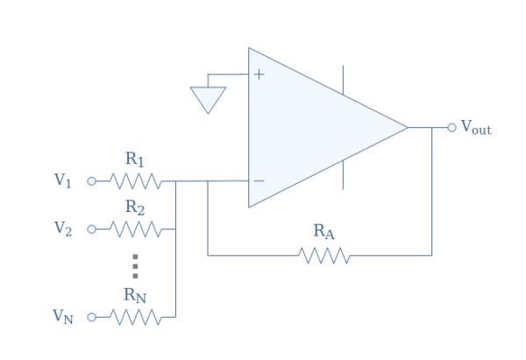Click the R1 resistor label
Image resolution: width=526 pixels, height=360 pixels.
point(134,159)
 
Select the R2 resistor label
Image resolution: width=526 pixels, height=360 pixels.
point(134,208)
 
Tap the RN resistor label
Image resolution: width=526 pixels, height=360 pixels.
point(134,295)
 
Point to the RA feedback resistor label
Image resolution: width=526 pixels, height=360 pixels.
point(323,231)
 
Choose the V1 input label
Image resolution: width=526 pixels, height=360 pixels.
point(62,180)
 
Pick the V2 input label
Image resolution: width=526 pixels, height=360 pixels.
point(62,229)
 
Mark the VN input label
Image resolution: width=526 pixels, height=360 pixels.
point(62,316)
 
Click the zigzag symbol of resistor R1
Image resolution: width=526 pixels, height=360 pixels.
point(135,181)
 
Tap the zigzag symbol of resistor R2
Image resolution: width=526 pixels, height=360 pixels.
point(135,229)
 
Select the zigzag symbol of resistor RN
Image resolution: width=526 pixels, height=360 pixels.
point(135,317)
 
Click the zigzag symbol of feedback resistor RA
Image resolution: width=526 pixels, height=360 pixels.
point(324,255)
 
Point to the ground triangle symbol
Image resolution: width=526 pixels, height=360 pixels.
point(208,99)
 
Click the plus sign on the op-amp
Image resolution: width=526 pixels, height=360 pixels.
point(259,74)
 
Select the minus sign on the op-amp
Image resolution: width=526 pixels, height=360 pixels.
point(259,181)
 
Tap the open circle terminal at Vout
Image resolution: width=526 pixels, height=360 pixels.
point(451,128)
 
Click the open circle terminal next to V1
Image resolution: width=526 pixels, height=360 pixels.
point(90,181)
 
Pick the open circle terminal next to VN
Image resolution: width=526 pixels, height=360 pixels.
point(90,317)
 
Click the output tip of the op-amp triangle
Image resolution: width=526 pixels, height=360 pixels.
point(407,128)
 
